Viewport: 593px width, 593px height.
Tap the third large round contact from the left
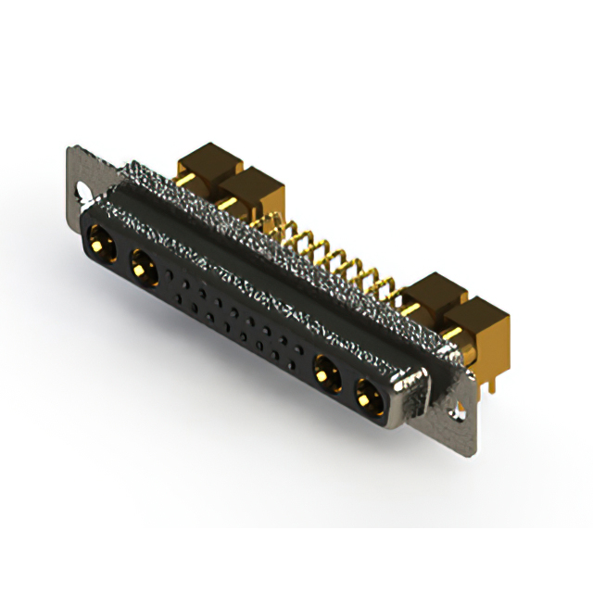coord(323,376)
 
